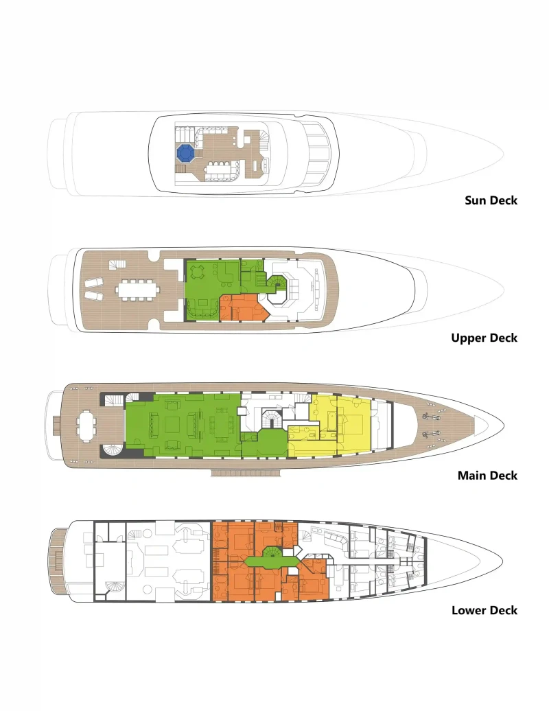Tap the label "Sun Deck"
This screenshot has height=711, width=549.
click(491, 200)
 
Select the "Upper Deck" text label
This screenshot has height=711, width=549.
click(484, 338)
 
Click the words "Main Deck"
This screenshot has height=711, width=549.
click(487, 475)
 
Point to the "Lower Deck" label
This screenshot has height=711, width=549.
click(484, 610)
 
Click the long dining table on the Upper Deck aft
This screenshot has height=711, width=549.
click(138, 290)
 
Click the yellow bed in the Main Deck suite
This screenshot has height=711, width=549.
click(351, 424)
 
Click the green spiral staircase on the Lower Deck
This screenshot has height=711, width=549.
click(273, 552)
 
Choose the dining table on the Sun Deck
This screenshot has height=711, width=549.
click(221, 170)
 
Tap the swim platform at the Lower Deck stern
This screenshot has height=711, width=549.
click(57, 561)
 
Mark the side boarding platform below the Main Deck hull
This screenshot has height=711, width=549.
click(246, 474)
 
